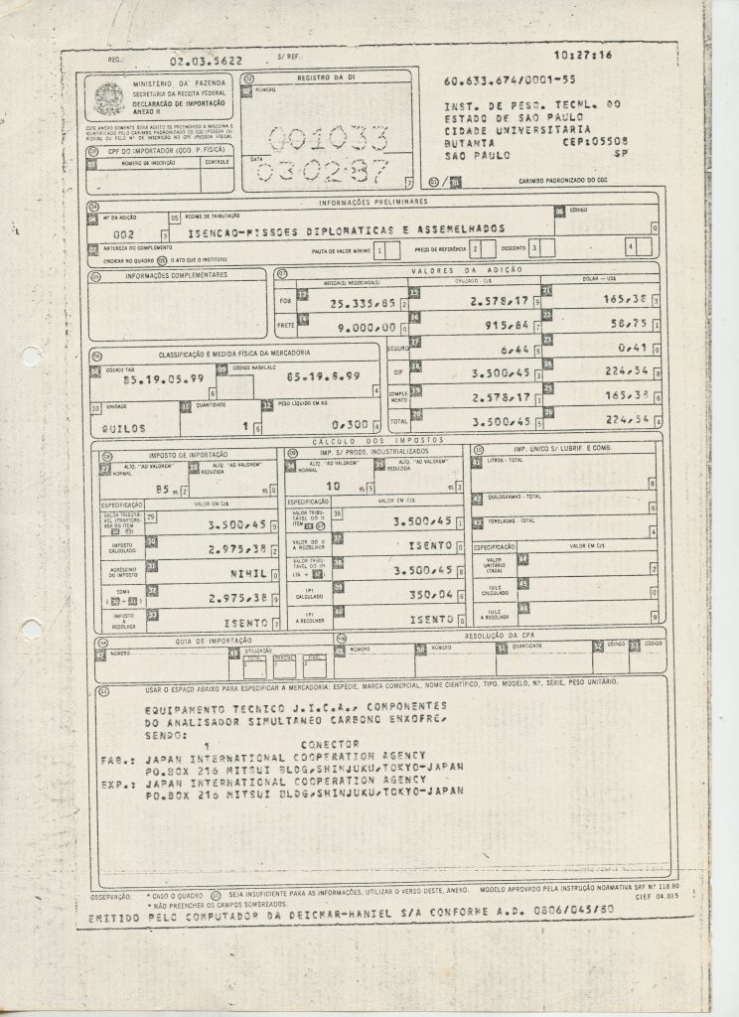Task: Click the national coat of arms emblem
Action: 105,97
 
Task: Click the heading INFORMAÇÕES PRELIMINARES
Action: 371,202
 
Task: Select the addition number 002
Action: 110,228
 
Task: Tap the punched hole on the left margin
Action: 31,630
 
